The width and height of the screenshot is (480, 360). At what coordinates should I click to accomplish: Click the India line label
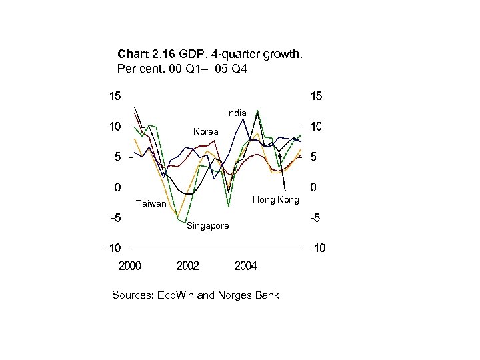[236, 113]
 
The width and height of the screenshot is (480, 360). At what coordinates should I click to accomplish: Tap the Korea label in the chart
[205, 132]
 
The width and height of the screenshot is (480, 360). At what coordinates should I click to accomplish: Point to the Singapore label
[207, 226]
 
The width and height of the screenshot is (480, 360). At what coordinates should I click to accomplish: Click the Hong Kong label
[275, 200]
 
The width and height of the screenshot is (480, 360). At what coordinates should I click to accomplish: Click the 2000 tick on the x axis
[130, 267]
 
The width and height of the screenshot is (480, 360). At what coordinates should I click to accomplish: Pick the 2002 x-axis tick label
[188, 267]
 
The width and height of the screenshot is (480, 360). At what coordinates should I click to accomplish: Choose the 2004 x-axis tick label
[245, 267]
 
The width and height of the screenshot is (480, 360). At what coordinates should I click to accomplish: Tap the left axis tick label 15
[115, 96]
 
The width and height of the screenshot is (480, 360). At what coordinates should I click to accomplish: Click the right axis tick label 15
[316, 96]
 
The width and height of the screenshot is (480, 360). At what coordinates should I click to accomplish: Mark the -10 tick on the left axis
[111, 249]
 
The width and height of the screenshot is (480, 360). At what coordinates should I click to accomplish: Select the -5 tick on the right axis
[314, 218]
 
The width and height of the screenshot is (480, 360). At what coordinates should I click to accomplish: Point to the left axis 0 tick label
[117, 187]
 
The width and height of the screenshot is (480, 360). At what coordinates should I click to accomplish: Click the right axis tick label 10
[316, 127]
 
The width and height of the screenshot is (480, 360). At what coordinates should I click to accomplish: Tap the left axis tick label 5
[117, 157]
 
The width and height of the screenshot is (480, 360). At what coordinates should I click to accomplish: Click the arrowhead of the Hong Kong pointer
[279, 155]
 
